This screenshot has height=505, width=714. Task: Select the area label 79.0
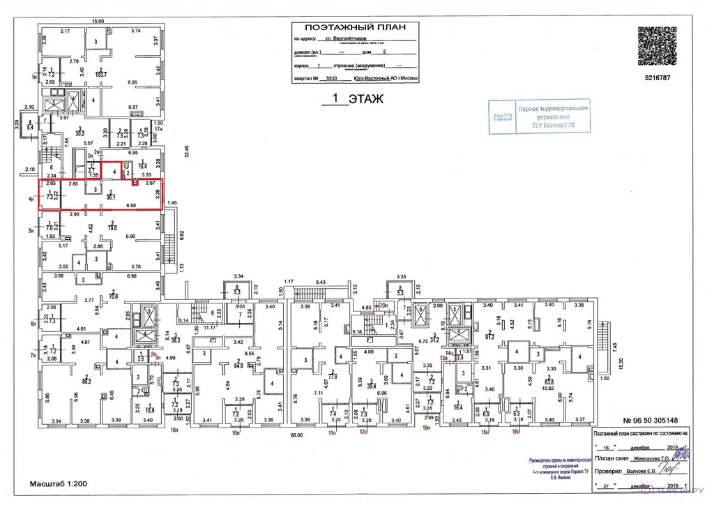110,227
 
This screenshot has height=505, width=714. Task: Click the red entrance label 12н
363,432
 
